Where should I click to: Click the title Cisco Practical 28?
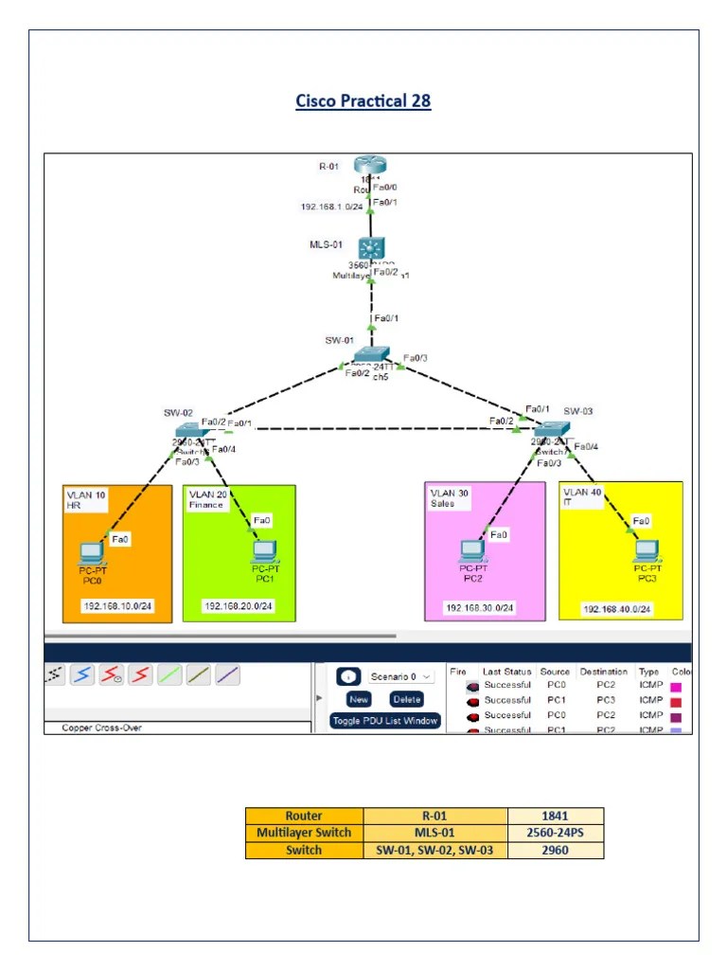363,100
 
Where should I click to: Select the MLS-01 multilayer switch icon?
371,249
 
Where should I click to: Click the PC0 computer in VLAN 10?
91,553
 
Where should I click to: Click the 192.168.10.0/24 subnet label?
116,606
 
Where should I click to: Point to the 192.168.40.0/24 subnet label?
617,609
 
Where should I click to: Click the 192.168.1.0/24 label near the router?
331,207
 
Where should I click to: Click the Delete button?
406,699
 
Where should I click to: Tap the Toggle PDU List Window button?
385,721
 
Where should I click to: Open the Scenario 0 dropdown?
401,676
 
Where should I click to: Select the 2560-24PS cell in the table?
556,833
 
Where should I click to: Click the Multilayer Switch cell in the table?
304,833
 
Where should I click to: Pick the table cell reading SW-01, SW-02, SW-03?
435,850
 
